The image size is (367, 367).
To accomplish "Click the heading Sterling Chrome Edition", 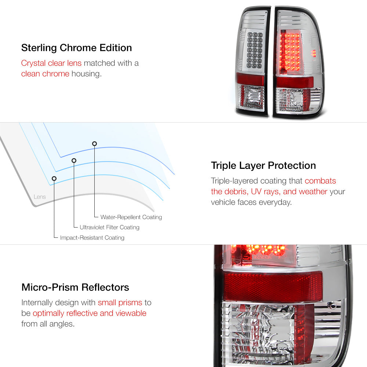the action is point(77,48).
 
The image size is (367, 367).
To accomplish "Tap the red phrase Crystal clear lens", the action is point(51,63).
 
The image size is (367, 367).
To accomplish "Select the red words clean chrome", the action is point(45,74).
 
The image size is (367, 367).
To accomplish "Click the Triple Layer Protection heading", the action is point(263,166).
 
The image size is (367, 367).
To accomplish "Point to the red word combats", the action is point(320,181).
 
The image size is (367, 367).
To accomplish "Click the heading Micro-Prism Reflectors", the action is point(75,287).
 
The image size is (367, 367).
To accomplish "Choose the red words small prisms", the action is point(120,303).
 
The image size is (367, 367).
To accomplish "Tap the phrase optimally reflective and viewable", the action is point(90,313).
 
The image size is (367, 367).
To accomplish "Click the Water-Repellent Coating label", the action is point(131,217).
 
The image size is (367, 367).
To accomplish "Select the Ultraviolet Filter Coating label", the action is point(109,227).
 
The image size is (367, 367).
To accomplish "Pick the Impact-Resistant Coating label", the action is point(92,237).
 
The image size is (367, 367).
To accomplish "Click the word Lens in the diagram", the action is point(40,197).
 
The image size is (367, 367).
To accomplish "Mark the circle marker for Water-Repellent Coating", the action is point(95,143).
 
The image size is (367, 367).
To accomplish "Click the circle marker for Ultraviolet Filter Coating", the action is point(74,161).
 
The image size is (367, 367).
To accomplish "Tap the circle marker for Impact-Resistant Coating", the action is point(54,179).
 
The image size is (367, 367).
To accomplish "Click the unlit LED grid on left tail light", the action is point(255,50).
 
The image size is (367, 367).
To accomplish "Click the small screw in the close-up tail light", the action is point(331,305).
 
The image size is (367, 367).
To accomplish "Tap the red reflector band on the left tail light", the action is point(250,79).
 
